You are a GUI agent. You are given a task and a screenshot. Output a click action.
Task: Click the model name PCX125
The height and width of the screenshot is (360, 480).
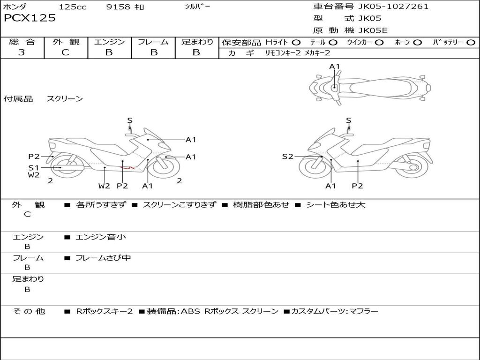tap(30, 18)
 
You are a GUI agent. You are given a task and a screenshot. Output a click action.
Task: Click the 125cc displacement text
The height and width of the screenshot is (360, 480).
tap(73, 7)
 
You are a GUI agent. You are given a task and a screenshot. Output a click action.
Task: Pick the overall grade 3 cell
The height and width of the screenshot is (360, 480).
tap(22, 52)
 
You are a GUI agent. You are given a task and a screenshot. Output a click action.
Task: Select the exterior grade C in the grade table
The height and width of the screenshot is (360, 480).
tap(65, 52)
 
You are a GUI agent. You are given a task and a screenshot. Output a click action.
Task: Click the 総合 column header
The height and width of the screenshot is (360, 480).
tap(22, 42)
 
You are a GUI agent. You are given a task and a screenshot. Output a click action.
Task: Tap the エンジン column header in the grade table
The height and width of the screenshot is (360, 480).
tap(109, 42)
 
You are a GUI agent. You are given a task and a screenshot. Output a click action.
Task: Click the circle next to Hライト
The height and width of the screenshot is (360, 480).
tap(296, 43)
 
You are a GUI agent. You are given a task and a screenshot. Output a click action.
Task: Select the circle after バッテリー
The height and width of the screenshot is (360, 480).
tap(471, 43)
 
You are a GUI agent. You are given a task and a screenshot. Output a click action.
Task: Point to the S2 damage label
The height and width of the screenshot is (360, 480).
tap(287, 157)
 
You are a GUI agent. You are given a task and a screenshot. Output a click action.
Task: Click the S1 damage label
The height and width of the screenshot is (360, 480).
tap(33, 167)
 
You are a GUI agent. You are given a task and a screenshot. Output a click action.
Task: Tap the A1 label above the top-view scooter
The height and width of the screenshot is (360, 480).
tap(334, 67)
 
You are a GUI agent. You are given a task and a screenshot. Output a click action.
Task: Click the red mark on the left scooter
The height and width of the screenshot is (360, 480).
tap(127, 167)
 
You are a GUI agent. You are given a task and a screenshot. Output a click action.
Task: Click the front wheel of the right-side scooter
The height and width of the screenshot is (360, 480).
tap(315, 167)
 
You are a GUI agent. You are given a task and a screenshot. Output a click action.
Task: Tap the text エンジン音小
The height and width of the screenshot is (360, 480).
tap(101, 237)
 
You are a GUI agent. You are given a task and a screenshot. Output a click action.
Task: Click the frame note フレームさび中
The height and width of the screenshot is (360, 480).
tap(103, 258)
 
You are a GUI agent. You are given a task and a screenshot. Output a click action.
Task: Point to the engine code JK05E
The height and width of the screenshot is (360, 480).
tap(373, 30)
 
